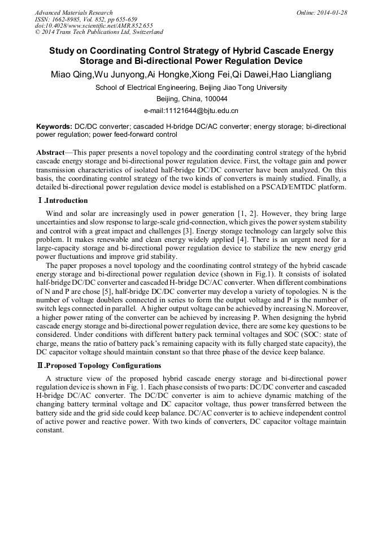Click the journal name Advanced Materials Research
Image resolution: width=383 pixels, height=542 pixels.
[73, 12]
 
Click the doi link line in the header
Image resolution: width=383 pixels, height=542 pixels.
[94, 26]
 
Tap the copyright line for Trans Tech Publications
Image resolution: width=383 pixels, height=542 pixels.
[99, 32]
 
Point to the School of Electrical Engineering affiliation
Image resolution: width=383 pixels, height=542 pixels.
[191, 88]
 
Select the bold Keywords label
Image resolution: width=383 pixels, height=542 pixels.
[54, 127]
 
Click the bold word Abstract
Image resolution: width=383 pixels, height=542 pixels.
[50, 153]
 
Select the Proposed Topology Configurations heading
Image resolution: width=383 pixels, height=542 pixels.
[98, 366]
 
